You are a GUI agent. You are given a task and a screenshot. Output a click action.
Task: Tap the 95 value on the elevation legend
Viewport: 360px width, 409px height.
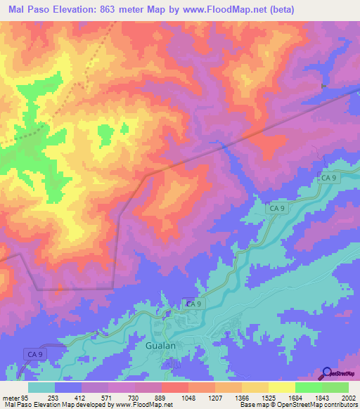[27, 398]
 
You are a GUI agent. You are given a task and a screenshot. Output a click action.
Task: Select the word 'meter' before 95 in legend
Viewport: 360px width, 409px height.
[11, 398]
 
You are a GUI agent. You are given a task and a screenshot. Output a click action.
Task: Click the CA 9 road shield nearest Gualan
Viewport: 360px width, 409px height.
[193, 304]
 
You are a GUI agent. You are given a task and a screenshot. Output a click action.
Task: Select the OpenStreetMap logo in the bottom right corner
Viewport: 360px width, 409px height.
[337, 374]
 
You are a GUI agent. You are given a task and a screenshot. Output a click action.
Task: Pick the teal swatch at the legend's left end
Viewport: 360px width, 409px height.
[41, 387]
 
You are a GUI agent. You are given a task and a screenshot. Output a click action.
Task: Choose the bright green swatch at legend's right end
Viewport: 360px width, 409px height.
[335, 387]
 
